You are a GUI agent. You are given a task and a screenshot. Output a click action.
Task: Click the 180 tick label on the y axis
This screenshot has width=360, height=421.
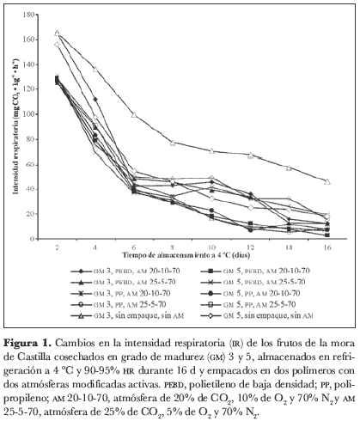coord(28,15)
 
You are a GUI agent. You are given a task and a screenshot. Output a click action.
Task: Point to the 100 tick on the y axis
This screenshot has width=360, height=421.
coord(36,114)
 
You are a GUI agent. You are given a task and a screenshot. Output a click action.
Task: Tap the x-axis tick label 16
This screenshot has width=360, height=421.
coord(327,247)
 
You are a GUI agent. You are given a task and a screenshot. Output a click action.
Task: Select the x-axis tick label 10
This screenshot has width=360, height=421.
coord(211,247)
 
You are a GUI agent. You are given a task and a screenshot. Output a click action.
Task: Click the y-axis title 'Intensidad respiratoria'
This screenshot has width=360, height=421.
coord(15,148)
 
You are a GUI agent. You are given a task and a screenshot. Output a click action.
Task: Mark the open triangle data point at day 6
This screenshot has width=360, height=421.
coord(134,115)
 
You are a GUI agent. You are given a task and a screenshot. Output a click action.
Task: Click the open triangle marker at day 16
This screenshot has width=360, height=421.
coord(327,181)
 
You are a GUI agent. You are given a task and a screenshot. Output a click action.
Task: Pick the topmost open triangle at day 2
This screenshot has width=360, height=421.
coord(57,33)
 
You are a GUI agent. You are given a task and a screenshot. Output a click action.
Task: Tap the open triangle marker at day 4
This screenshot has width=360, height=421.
coord(95,69)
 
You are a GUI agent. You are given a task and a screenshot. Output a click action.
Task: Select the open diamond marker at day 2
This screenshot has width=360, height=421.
coord(57,45)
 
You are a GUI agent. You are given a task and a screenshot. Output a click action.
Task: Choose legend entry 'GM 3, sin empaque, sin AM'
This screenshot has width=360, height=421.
coord(127,315)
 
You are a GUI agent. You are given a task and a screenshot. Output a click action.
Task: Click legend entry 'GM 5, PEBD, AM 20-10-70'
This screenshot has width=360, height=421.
coord(255,271)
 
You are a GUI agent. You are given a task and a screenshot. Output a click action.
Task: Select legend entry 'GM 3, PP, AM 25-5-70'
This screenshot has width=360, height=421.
coord(119,304)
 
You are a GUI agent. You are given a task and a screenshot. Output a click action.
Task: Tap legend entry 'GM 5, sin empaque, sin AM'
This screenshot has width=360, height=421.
coord(257,315)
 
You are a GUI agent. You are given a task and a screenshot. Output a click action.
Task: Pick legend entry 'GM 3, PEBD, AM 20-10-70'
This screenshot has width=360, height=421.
coord(125,271)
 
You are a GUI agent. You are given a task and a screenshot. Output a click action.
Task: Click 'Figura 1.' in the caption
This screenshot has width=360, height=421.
coord(27,343)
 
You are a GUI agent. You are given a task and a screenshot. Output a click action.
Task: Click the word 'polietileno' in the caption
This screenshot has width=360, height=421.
coord(211,384)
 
